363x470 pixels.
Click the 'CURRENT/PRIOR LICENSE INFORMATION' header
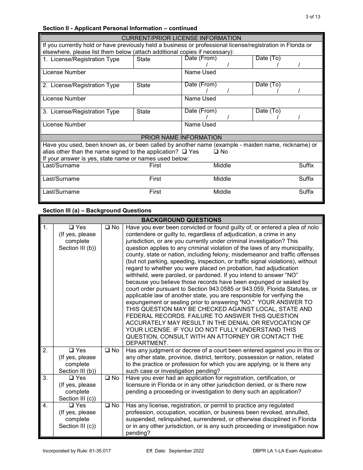coord(181,38)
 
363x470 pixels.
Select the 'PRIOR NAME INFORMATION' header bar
coord(181,138)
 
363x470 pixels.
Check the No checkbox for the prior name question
coord(216,152)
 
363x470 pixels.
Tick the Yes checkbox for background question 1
coord(71,228)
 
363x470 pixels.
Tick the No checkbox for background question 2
coord(107,350)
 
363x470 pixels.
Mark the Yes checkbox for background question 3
coord(71,378)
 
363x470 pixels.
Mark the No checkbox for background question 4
coord(107,405)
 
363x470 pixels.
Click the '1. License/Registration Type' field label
coord(81,59)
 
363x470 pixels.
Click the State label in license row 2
coord(143,85)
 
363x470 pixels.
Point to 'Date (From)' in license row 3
coord(200,111)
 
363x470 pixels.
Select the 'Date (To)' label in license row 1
coord(268,58)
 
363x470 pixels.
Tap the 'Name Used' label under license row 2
coord(200,99)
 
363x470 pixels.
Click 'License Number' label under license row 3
coord(64,125)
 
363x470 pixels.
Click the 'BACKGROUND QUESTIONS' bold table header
coord(181,220)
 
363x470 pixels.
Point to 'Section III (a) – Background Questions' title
coord(97,211)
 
